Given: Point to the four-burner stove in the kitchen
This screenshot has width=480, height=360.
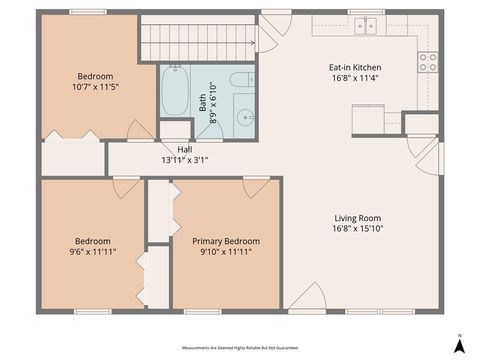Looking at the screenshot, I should [428, 62].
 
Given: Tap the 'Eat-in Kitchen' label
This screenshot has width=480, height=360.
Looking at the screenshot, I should [355, 68].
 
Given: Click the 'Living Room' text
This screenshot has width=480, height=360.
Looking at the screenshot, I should [357, 218].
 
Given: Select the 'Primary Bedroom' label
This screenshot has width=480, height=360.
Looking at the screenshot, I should [226, 241].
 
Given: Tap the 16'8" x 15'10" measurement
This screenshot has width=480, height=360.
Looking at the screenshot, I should [357, 230].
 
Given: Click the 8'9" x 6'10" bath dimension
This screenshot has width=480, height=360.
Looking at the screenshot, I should [213, 101].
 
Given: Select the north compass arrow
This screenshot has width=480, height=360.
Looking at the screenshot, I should [458, 344].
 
